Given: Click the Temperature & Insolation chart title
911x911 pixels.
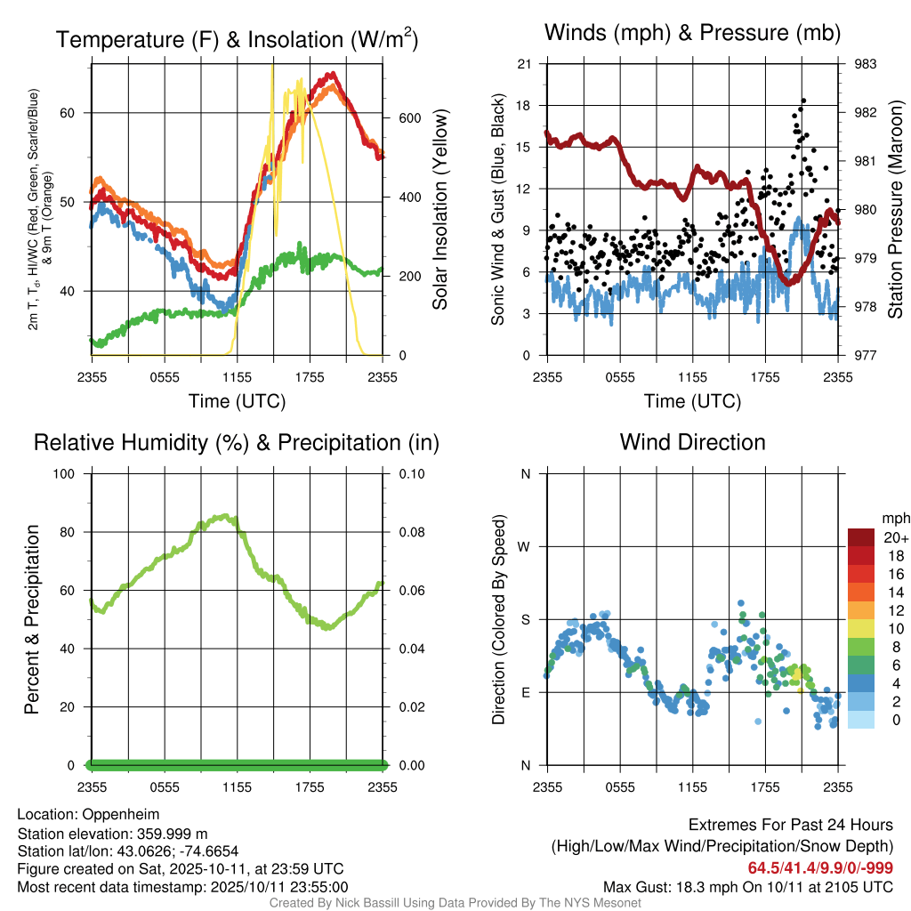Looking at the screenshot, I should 238,39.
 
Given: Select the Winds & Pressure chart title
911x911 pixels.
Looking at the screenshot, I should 692,33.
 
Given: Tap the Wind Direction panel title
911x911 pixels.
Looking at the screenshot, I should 692,442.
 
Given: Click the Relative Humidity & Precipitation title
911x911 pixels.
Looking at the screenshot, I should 236,442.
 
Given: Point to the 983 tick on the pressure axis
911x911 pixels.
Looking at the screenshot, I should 865,64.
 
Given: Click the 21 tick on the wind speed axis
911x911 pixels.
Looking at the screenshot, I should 525,64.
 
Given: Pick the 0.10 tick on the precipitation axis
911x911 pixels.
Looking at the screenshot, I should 410,474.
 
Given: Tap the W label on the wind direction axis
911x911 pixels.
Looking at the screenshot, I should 526,546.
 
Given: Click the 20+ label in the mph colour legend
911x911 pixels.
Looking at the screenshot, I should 894,538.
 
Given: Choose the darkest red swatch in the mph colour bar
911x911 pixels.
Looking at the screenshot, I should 861,537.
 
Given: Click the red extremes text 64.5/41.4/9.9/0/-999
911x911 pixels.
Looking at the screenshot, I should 819,868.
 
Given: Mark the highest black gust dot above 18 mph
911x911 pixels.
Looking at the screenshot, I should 803,101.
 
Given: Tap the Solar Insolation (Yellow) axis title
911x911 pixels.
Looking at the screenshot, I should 439,210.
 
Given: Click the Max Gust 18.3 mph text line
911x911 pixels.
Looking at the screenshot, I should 747,887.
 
